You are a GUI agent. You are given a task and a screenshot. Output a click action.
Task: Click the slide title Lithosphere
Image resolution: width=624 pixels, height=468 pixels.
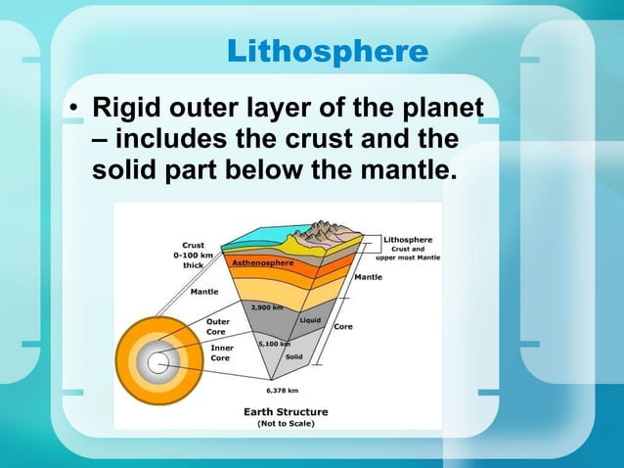tap(327, 51)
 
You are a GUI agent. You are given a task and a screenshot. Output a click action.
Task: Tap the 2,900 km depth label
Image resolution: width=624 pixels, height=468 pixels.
tap(268, 306)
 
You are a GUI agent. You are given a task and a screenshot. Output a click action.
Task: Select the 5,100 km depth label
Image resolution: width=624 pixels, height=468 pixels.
tap(273, 344)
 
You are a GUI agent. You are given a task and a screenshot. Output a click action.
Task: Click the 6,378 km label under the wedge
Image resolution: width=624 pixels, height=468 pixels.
tap(283, 390)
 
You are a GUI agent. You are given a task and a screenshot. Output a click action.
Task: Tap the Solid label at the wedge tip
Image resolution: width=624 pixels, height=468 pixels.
tap(293, 357)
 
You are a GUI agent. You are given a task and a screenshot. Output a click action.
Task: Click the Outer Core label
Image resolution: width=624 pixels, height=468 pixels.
tap(218, 326)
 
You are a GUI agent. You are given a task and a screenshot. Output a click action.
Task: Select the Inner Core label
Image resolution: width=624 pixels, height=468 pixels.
tap(221, 352)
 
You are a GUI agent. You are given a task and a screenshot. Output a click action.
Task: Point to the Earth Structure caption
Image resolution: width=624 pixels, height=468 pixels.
tap(286, 411)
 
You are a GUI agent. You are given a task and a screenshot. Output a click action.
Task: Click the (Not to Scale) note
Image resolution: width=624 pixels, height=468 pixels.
tap(286, 424)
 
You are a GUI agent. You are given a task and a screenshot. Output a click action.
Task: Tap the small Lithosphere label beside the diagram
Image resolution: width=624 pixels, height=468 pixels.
tap(408, 239)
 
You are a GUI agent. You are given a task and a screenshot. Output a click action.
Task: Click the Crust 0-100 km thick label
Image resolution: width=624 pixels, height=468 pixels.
tap(193, 254)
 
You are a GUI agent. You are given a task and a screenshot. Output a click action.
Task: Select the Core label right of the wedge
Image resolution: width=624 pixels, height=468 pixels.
tap(343, 326)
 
